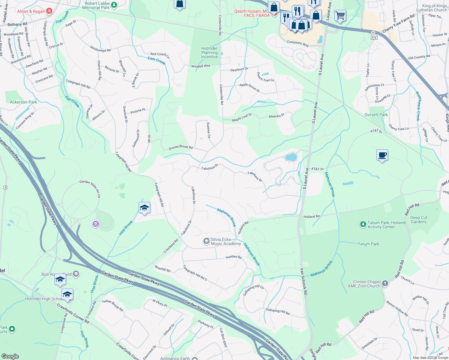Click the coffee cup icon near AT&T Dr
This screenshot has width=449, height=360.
pos(382,155)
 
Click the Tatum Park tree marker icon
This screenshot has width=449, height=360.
pos(363,224)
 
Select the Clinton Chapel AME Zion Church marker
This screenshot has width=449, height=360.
pos(385,283)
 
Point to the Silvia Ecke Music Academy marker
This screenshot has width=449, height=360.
pos(206,241)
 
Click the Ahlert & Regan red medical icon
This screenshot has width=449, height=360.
pos(49,11)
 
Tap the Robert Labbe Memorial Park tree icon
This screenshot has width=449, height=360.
pos(114,5)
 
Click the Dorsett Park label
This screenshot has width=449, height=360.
pos(376,115)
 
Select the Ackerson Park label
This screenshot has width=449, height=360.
pos(23,102)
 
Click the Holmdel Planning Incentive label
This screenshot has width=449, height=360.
pos(209,52)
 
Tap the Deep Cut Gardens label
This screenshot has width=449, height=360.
pos(419,220)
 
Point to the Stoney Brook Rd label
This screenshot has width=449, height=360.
pos(181,147)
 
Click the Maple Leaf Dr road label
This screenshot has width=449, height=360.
pos(242,117)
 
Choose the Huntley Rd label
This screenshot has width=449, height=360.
pos(234,257)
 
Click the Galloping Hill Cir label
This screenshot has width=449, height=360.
pos(254,290)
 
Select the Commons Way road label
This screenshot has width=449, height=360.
pos(298,43)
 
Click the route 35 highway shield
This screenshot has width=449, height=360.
pos(373,32)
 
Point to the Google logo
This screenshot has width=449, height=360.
pos(10,356)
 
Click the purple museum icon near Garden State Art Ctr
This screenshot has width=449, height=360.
pos(96,224)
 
